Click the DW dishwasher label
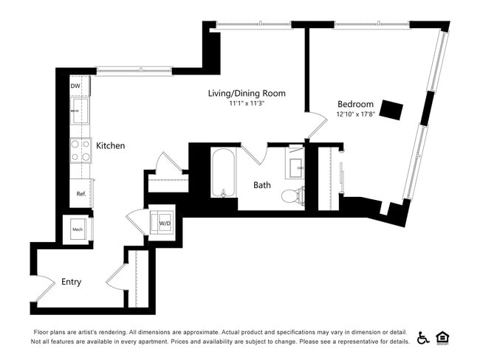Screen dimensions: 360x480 pos(75,86)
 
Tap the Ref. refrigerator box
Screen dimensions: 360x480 pos(81,193)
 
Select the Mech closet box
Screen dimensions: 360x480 pos(78,229)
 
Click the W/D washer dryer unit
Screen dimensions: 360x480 pos(165,223)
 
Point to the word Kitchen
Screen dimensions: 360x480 pos(111,146)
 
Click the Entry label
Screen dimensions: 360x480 pos(71,282)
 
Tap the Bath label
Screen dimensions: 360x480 pos(264,185)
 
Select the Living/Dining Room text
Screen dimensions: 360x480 pos(246,94)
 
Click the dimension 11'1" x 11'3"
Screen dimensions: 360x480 pos(246,104)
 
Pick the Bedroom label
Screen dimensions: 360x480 pos(355,104)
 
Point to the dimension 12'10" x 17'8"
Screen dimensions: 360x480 pos(355,114)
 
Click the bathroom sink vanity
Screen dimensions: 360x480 pos(295,167)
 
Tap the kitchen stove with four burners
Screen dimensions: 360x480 pos(80,150)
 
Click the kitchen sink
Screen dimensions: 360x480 pos(79,112)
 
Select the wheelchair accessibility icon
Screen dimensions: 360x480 pos(423,338)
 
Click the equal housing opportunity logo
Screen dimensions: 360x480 pos(443,338)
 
